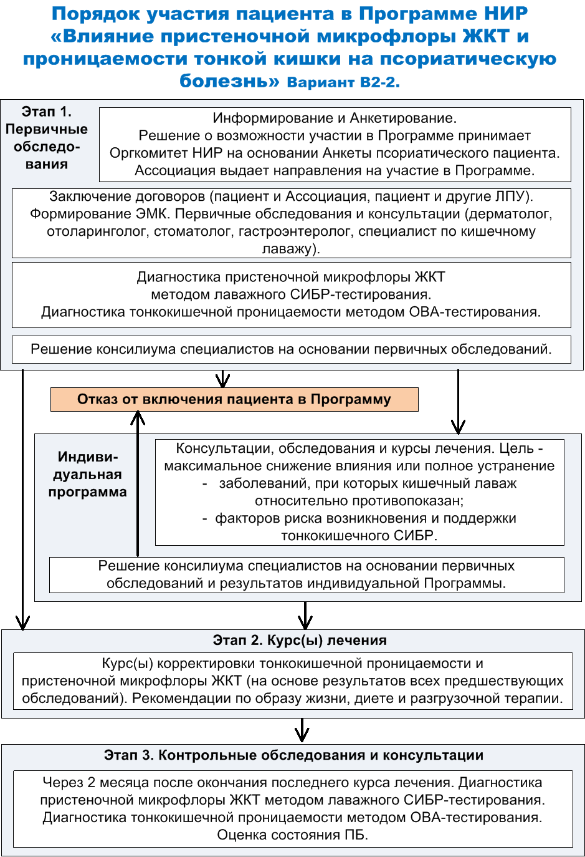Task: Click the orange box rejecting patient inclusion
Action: point(234,399)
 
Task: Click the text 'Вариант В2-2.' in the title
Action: point(343,82)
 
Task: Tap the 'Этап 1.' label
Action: point(47,112)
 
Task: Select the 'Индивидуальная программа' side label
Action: point(87,474)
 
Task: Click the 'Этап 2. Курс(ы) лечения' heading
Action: point(300,640)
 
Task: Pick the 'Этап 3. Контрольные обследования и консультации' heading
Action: point(293,755)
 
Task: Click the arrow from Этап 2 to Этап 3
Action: point(302,731)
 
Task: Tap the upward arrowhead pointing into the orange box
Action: point(138,418)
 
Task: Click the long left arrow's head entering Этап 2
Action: point(23,622)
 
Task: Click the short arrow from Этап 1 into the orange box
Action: point(223,379)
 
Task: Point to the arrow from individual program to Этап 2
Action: point(305,616)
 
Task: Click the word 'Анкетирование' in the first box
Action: point(403,119)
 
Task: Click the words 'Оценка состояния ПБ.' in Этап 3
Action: point(293,835)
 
